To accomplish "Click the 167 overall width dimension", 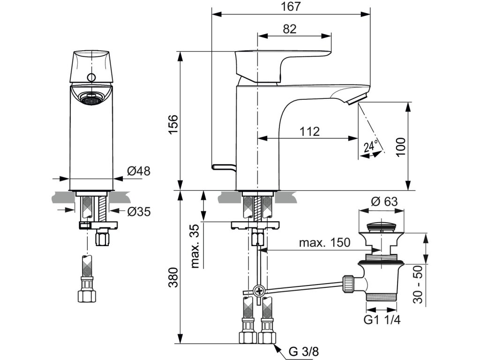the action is coord(291,7).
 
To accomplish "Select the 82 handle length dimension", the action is coord(290,29).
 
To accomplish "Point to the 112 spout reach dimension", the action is coord(309,132).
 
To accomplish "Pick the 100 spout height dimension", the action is coord(400,147).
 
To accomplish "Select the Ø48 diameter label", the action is coord(139,171).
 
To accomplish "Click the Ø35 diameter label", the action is coord(139,211).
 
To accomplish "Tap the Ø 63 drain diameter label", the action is coord(384,202).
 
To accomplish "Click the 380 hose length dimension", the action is coord(173,277).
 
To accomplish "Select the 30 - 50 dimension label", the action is coord(418,285).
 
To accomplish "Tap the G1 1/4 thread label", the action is coord(382,320).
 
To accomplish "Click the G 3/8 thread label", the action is coord(304,352).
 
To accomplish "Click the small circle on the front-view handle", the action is coord(91,77).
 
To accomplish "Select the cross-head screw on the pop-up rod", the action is coord(259,290).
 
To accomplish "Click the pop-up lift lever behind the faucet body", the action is coord(224,167).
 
